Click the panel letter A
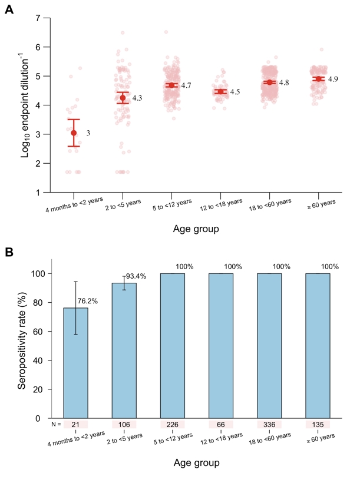pyautogui.click(x=9, y=11)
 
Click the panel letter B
pyautogui.click(x=9, y=252)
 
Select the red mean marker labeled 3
pyautogui.click(x=74, y=133)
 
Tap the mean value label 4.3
pyautogui.click(x=137, y=98)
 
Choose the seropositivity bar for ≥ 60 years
pyautogui.click(x=318, y=346)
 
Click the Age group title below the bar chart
pyautogui.click(x=197, y=463)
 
